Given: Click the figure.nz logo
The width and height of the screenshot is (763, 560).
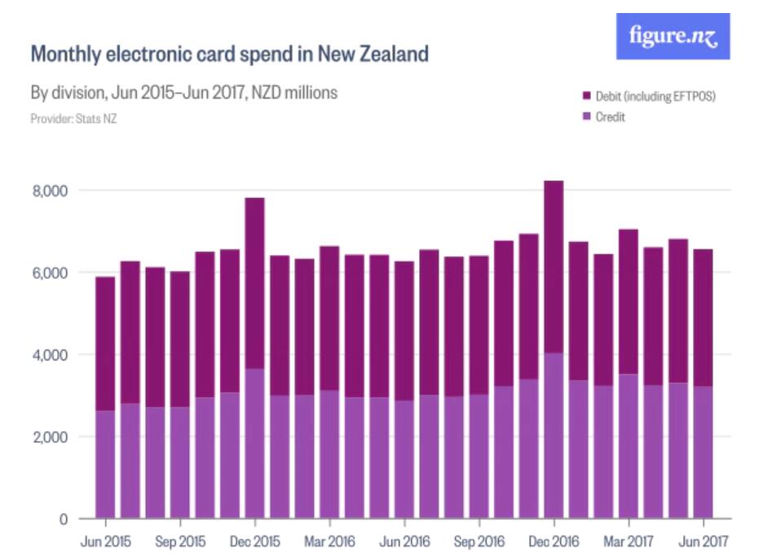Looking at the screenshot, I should (x=673, y=37).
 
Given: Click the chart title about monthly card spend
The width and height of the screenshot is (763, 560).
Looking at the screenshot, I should (x=229, y=55).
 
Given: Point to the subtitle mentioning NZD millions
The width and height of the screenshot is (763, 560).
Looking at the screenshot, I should (x=183, y=93).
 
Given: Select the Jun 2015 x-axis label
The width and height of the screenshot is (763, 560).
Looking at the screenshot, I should (x=105, y=540).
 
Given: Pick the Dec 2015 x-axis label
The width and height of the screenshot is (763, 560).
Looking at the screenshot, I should (x=254, y=540).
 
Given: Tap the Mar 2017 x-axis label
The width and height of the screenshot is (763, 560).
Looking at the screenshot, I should (x=628, y=540).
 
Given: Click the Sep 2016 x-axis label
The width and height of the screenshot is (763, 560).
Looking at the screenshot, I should (x=479, y=540).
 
